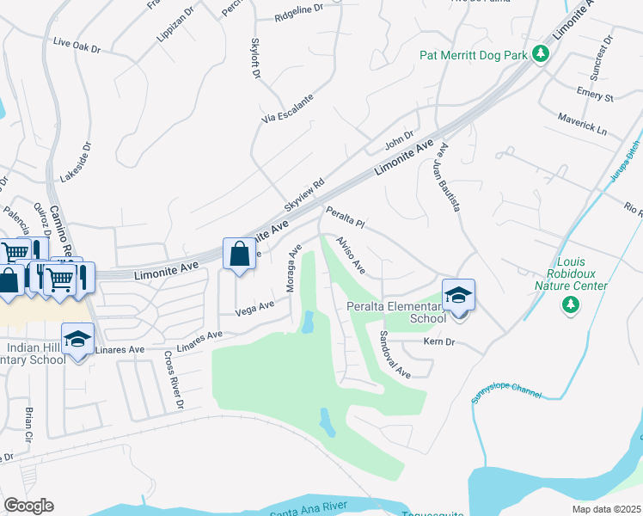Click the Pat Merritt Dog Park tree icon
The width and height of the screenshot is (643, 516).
pyautogui.click(x=540, y=54)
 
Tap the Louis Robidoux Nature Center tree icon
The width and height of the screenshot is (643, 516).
pyautogui.click(x=569, y=304)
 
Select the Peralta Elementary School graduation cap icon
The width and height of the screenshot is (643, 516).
pyautogui.click(x=459, y=295)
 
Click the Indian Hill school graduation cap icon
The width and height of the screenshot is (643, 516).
pyautogui.click(x=77, y=338)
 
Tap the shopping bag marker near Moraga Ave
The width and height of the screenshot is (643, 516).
pyautogui.click(x=239, y=255)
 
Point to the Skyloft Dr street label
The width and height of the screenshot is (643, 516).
pyautogui.click(x=255, y=59)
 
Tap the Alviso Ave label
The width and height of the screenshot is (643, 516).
pyautogui.click(x=351, y=255)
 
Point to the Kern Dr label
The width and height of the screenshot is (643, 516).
pyautogui.click(x=438, y=342)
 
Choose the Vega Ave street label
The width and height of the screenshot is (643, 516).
pyautogui.click(x=254, y=307)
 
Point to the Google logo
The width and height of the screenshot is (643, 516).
pyautogui.click(x=28, y=505)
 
